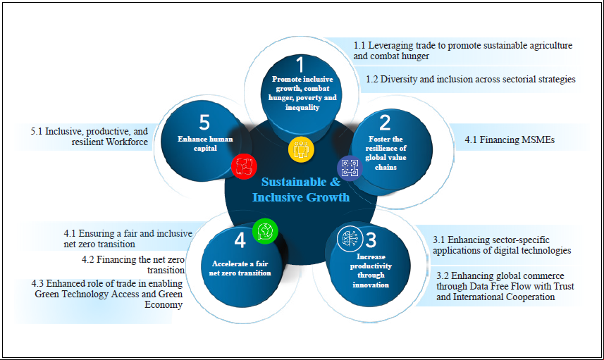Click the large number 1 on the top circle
(x=300, y=64)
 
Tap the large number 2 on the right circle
(x=385, y=123)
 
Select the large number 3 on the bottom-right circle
(x=371, y=240)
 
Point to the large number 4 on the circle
(x=240, y=240)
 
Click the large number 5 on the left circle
(x=204, y=123)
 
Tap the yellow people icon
(x=301, y=149)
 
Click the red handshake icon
(x=244, y=167)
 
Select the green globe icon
(x=265, y=231)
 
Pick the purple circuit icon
(x=350, y=168)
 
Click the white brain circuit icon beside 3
(x=350, y=239)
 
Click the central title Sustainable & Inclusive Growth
(x=301, y=190)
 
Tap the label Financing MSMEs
(x=510, y=139)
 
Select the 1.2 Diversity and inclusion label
(x=470, y=80)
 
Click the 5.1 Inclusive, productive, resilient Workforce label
(x=90, y=137)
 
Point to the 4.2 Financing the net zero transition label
(x=133, y=265)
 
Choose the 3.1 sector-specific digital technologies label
(x=502, y=245)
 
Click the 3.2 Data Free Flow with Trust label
(x=505, y=287)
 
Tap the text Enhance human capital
(x=205, y=144)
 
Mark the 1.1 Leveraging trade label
(x=462, y=51)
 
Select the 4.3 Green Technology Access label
(x=107, y=294)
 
